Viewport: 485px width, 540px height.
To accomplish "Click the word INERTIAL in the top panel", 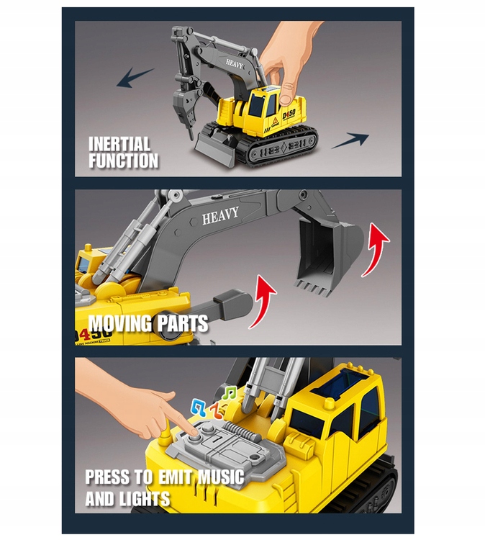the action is (x=119, y=144).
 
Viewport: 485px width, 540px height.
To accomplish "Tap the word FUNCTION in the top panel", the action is (x=123, y=161).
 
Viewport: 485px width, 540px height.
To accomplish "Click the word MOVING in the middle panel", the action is (x=119, y=324).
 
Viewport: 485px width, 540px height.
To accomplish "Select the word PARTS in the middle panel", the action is (x=183, y=324).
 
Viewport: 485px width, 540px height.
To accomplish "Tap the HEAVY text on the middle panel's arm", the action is (x=220, y=215).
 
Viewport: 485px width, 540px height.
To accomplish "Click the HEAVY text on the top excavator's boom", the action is (x=235, y=64).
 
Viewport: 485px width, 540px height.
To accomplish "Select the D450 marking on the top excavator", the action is (x=289, y=114).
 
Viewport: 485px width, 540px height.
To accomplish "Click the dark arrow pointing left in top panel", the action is (x=135, y=77).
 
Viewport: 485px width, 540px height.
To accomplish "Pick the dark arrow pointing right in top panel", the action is (x=351, y=140).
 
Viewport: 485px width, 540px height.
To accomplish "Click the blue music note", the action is (x=199, y=407).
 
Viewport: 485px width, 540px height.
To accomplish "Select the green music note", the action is (x=230, y=392).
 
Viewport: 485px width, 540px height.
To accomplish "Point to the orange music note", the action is (x=215, y=410).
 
